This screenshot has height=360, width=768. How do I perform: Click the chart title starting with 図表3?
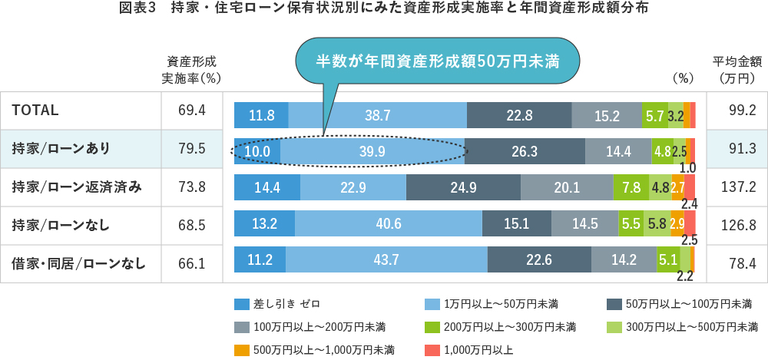[383, 10]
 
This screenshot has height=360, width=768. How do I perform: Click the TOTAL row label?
[35, 111]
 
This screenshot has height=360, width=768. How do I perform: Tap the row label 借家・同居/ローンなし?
[78, 264]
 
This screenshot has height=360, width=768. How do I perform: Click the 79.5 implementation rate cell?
[191, 149]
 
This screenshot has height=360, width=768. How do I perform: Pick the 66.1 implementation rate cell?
[191, 264]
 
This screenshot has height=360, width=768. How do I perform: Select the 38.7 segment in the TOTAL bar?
[377, 115]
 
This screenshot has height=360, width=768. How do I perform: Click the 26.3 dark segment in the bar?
[524, 151]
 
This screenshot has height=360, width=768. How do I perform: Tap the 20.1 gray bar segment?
[567, 187]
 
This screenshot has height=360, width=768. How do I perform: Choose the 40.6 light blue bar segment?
[388, 224]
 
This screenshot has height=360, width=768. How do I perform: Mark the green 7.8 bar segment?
[627, 187]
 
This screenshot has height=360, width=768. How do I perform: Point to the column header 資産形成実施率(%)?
[191, 70]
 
